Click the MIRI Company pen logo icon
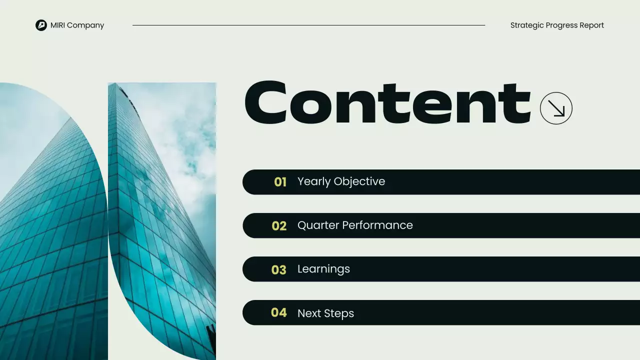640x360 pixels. click(x=41, y=25)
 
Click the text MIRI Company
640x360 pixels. click(x=77, y=25)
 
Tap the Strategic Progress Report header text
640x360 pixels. click(x=557, y=25)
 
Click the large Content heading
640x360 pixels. click(x=387, y=103)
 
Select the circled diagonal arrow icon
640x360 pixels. click(x=556, y=108)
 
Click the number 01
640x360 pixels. click(x=280, y=182)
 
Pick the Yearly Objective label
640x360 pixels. click(x=341, y=181)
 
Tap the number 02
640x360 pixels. click(x=279, y=226)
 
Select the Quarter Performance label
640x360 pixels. click(x=355, y=225)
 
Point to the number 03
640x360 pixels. click(x=278, y=270)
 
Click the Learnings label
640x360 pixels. click(x=323, y=269)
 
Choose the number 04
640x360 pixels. click(x=278, y=313)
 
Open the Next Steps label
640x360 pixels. click(x=325, y=313)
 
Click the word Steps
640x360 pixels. click(x=339, y=313)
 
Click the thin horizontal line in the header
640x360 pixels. click(x=308, y=25)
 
